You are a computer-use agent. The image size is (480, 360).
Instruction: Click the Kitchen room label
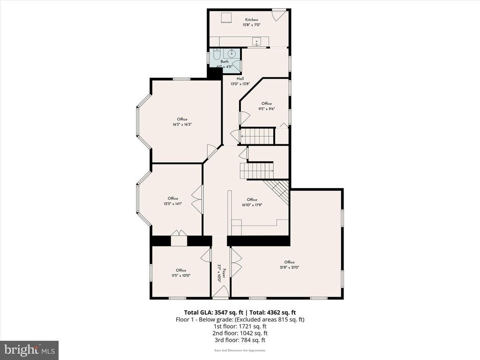(x=251, y=20)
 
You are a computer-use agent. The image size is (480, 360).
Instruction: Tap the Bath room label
(x=225, y=61)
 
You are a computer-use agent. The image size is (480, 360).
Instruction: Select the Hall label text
(x=240, y=78)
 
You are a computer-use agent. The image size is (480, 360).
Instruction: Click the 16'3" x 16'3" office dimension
(x=182, y=125)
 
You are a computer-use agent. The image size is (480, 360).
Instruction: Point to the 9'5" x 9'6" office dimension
(x=267, y=109)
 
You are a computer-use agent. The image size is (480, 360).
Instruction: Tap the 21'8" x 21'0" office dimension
(x=289, y=268)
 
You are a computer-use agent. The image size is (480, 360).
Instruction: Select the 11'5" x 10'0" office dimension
(x=181, y=276)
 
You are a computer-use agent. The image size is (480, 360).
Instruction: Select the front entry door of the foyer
(x=220, y=293)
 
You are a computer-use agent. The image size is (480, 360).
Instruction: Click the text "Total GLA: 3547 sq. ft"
(x=214, y=312)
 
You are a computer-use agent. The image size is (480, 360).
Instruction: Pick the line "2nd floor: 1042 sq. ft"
(x=240, y=333)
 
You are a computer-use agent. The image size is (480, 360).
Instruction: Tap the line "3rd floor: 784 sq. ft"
(x=240, y=340)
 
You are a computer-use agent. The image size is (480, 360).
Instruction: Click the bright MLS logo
(x=29, y=350)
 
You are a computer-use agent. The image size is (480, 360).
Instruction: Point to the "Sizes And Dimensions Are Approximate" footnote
(x=240, y=350)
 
